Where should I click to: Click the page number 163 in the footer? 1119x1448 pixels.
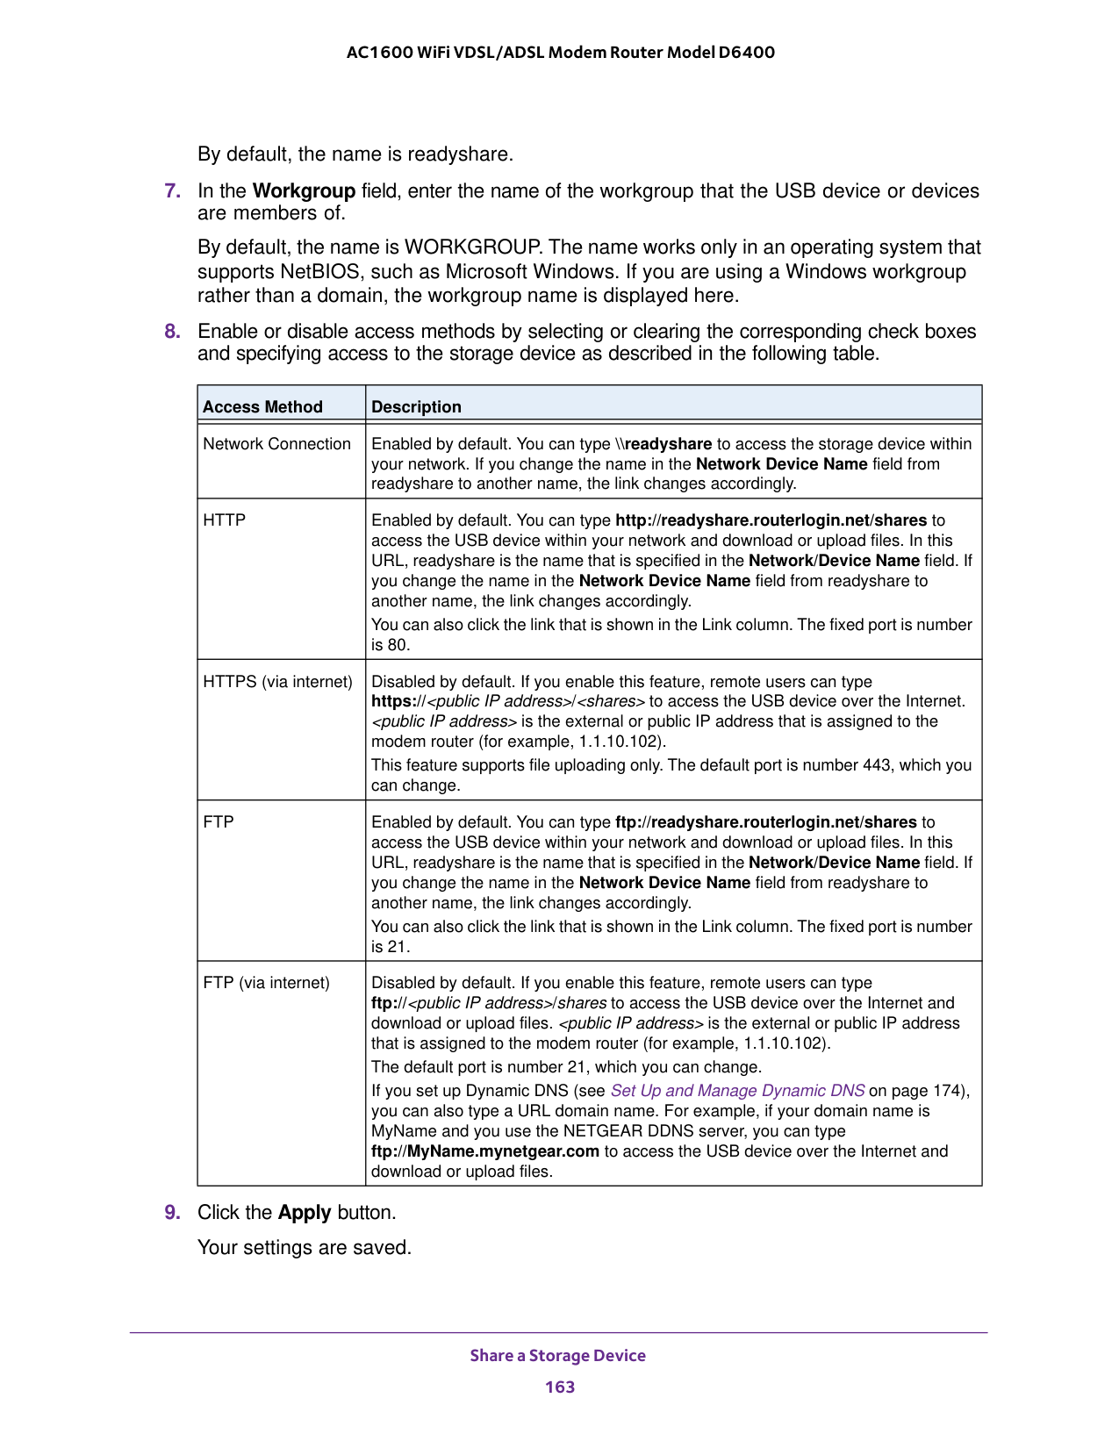(x=559, y=1387)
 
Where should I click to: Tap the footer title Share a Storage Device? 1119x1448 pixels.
(x=557, y=1355)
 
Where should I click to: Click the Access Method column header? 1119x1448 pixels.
(x=262, y=406)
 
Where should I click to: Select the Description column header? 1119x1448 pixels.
(x=416, y=406)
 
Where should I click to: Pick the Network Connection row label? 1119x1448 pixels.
(x=276, y=444)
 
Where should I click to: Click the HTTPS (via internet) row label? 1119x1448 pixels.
(x=277, y=682)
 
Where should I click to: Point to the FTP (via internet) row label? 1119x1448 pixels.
(x=266, y=983)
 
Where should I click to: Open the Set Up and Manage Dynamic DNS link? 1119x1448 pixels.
(x=737, y=1091)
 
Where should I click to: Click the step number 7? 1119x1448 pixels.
(x=172, y=191)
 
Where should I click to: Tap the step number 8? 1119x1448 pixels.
(x=172, y=332)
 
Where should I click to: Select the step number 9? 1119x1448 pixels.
(x=172, y=1213)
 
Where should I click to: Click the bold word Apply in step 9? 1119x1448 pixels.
(x=304, y=1213)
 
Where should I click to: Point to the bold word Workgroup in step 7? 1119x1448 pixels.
(x=304, y=191)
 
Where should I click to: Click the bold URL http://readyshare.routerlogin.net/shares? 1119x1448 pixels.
(x=771, y=520)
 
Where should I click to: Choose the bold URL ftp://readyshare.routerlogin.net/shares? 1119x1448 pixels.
(x=765, y=822)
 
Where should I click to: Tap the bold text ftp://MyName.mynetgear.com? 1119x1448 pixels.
(x=485, y=1151)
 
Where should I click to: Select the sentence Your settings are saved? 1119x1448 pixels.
(x=304, y=1248)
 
